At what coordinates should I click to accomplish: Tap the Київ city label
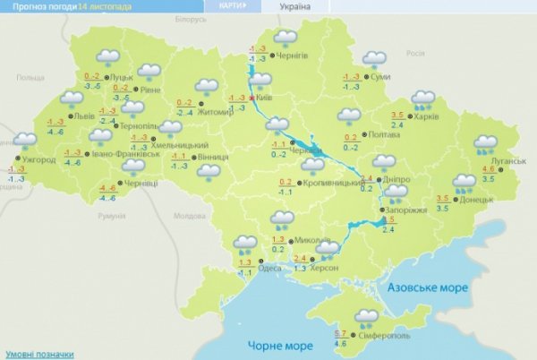coord(264,99)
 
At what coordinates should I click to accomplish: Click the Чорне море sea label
coord(269,346)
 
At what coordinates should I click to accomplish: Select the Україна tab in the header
coord(294,6)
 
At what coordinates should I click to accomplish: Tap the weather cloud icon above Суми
coord(374,59)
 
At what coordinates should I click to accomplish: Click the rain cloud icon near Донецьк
coord(465,184)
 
